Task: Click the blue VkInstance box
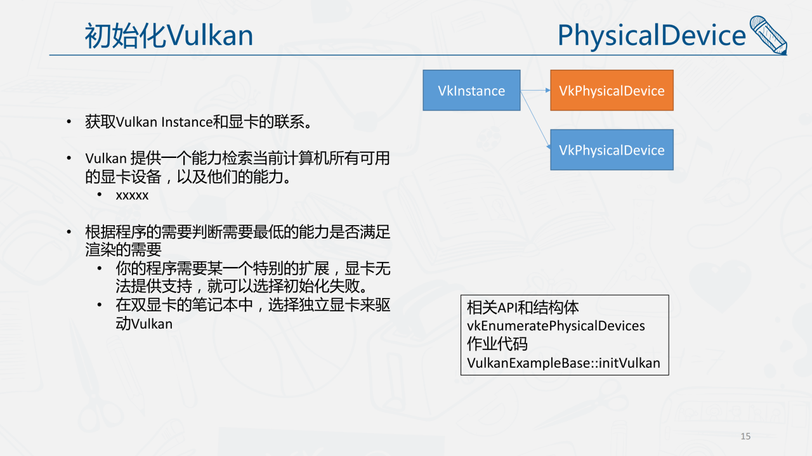pyautogui.click(x=471, y=90)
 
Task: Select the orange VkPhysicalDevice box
pyautogui.click(x=612, y=90)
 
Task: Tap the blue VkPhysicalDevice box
pyautogui.click(x=612, y=150)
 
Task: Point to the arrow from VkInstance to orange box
pyautogui.click(x=535, y=90)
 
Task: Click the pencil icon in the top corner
pyautogui.click(x=768, y=35)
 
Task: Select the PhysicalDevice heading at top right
pyautogui.click(x=652, y=35)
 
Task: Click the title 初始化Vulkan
pyautogui.click(x=169, y=36)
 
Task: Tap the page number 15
pyautogui.click(x=745, y=436)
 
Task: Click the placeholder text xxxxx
pyautogui.click(x=132, y=196)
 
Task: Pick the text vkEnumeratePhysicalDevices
pyautogui.click(x=556, y=325)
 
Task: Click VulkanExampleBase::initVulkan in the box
pyautogui.click(x=563, y=363)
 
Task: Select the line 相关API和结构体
pyautogui.click(x=523, y=308)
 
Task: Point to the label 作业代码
pyautogui.click(x=497, y=344)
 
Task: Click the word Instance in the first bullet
pyautogui.click(x=187, y=122)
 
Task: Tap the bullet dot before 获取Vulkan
pyautogui.click(x=69, y=122)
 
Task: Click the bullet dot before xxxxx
pyautogui.click(x=100, y=195)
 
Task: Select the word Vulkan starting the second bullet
pyautogui.click(x=106, y=159)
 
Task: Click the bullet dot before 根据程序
pyautogui.click(x=69, y=231)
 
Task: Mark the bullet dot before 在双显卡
pyautogui.click(x=100, y=305)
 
